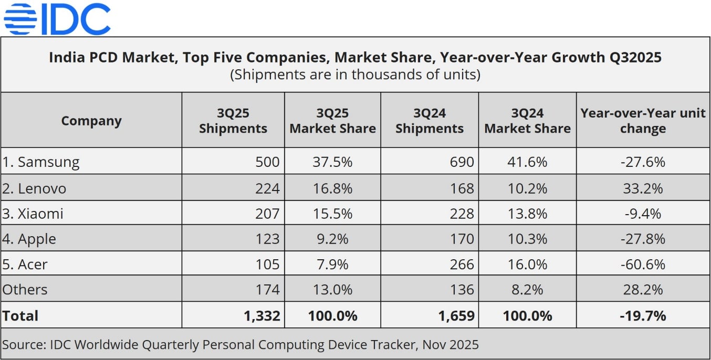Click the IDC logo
(x=57, y=19)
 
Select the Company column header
(x=91, y=121)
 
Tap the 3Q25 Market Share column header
(x=332, y=121)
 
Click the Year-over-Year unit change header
(x=643, y=121)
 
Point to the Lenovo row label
(x=35, y=188)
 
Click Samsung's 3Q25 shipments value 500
(x=267, y=162)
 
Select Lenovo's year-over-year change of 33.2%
(x=643, y=188)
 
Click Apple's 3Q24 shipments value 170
(x=462, y=239)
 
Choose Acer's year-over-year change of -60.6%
(x=643, y=264)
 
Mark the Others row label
(x=25, y=289)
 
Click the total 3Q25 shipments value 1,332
(x=263, y=315)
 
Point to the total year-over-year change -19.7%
(x=643, y=315)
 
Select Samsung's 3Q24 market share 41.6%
(x=527, y=162)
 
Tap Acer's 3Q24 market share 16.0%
(x=527, y=264)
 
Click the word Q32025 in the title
(x=631, y=57)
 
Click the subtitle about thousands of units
(x=355, y=75)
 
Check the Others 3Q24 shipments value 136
(x=462, y=289)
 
